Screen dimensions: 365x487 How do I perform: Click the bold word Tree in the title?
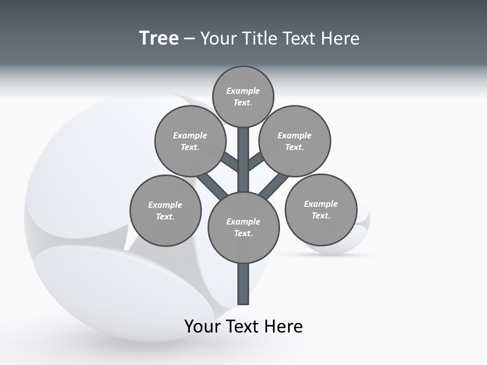tap(159, 39)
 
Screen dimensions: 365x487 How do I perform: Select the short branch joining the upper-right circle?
tap(256, 161)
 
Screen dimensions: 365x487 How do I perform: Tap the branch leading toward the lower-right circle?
tap(274, 185)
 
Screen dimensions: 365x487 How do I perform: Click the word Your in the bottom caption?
tap(202, 326)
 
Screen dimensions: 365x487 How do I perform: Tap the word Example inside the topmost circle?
tap(243, 91)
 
